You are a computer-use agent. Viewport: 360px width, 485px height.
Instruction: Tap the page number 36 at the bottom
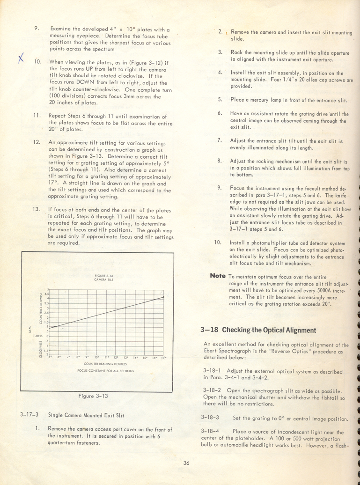[x=186, y=463]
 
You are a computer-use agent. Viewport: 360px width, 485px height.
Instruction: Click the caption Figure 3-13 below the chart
[x=93, y=396]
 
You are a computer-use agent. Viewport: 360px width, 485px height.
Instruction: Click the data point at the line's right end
[x=163, y=297]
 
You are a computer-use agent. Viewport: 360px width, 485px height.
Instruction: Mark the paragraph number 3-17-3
[x=30, y=414]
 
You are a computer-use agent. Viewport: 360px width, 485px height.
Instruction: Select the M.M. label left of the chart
[x=30, y=332]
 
